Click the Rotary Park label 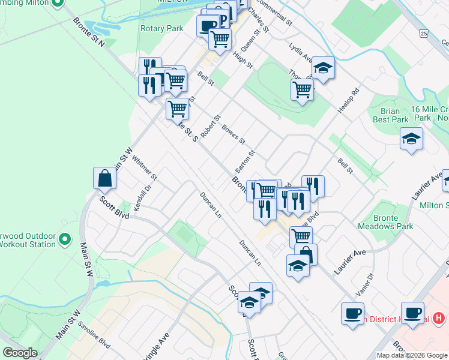point(161,28)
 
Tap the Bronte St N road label point(89,33)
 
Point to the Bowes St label point(234,134)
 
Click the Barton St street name point(246,161)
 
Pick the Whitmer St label point(145,169)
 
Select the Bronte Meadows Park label point(385,222)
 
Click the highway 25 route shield point(424,33)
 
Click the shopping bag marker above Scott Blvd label point(104,179)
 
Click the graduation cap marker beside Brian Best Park point(411,139)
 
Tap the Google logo point(20,353)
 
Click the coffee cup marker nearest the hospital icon point(414,313)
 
